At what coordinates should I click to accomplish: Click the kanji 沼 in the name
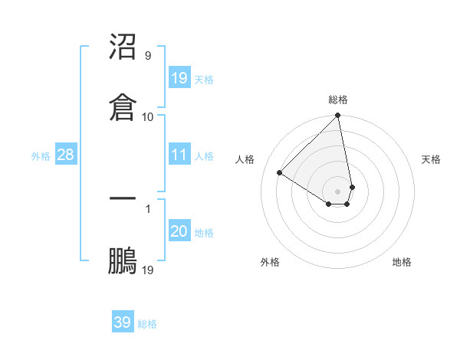[123, 47]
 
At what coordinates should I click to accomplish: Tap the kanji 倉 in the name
[123, 106]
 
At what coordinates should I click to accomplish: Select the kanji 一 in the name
[123, 198]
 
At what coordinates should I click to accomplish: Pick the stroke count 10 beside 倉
[147, 116]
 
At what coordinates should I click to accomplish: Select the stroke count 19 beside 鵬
[147, 269]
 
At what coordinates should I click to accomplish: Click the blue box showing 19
[179, 77]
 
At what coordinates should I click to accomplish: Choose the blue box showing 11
[179, 155]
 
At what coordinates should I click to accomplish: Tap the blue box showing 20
[179, 231]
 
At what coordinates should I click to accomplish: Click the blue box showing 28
[65, 155]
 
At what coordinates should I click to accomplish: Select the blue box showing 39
[123, 322]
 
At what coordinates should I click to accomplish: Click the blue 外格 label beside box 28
[41, 155]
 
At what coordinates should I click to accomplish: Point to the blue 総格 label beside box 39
[147, 323]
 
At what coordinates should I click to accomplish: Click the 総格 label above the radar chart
[338, 100]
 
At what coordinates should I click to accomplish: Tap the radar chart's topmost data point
[337, 116]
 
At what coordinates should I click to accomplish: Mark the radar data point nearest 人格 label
[280, 173]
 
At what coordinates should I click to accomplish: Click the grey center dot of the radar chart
[337, 191]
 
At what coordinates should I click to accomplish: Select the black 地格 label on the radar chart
[402, 262]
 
